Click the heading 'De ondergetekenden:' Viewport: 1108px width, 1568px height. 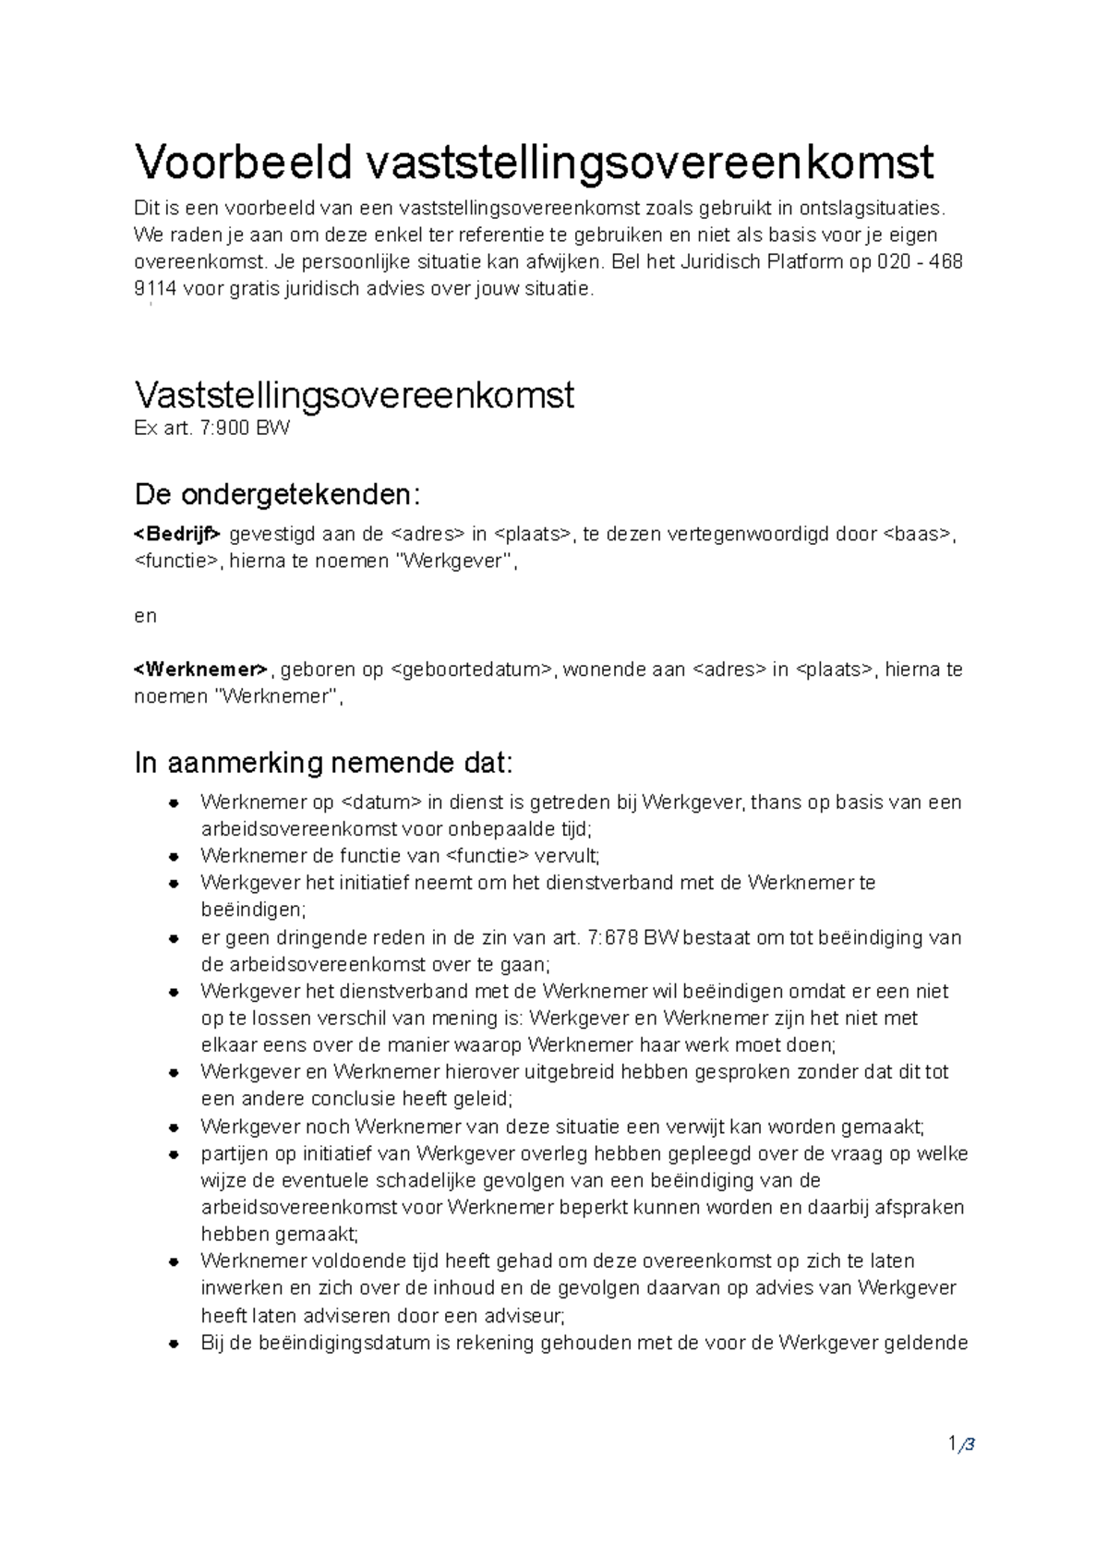[x=277, y=495]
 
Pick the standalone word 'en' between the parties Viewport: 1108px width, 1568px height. [x=145, y=616]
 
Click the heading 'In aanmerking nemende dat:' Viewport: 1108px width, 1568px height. [x=322, y=764]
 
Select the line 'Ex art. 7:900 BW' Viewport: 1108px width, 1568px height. [x=211, y=429]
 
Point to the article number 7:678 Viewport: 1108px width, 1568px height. [x=612, y=938]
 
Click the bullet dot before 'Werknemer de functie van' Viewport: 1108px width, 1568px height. [x=173, y=857]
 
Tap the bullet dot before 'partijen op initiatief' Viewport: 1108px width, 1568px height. [x=173, y=1155]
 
